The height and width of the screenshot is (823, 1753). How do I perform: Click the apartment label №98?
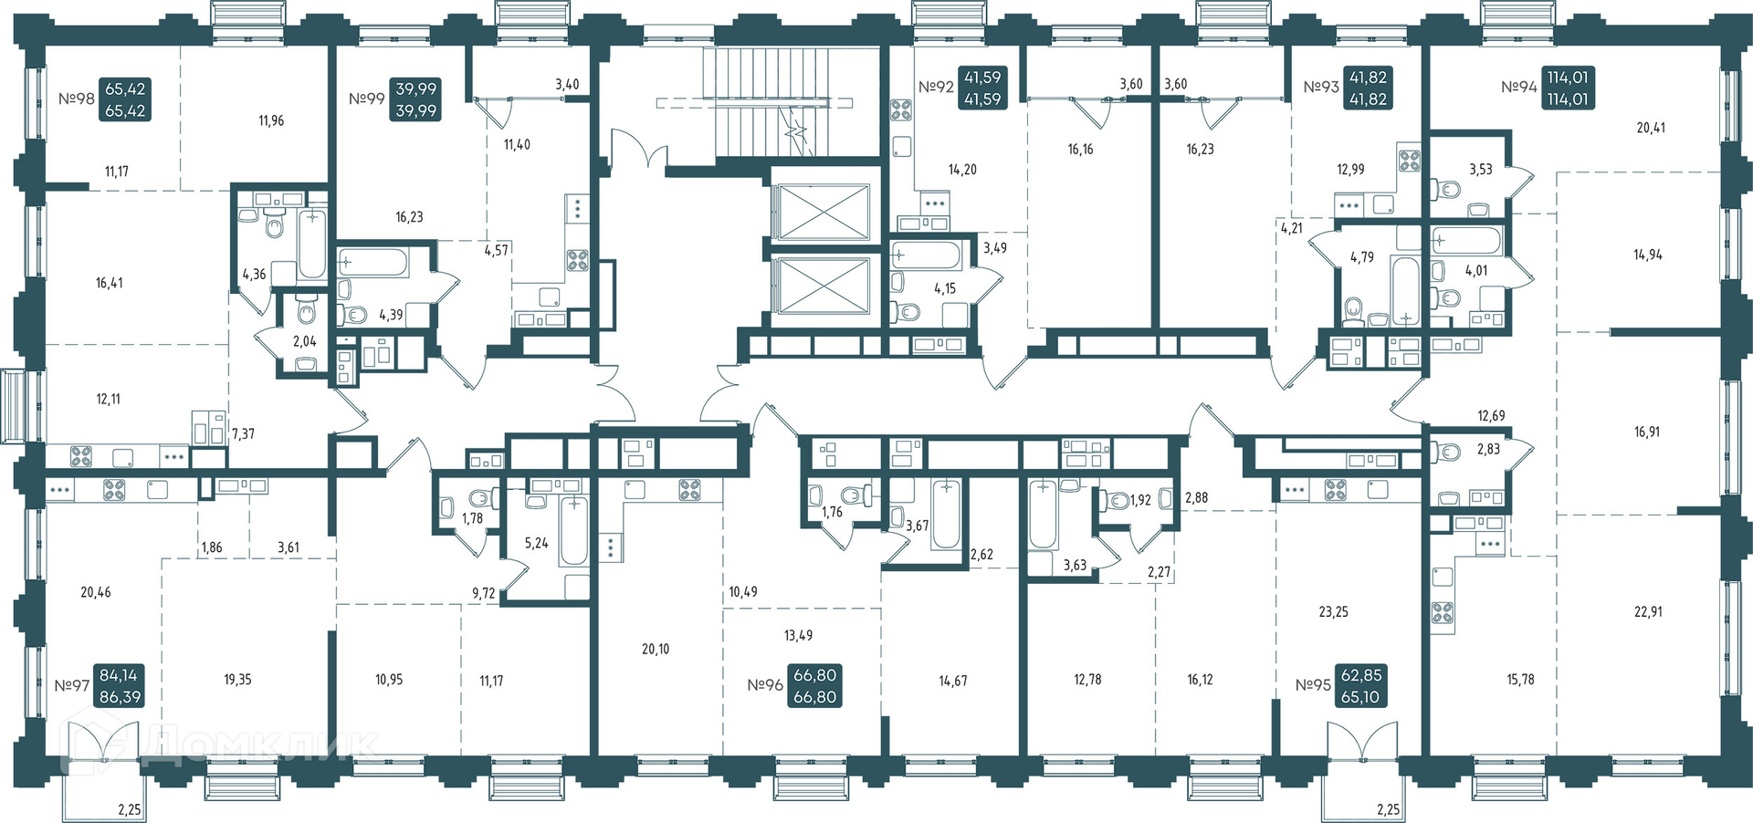(x=77, y=99)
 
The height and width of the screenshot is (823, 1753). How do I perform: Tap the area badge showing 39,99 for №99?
(x=415, y=99)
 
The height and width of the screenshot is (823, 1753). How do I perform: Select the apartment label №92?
(x=936, y=88)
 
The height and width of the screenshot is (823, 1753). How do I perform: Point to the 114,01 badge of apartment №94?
(x=1567, y=89)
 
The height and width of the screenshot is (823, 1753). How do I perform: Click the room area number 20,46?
(x=96, y=592)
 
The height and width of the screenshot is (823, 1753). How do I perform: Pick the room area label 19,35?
(x=237, y=680)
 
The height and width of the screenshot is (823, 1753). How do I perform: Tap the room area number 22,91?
(x=1648, y=612)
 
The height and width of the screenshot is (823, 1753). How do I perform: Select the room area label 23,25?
(x=1333, y=612)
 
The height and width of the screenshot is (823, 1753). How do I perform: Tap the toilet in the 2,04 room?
(x=307, y=312)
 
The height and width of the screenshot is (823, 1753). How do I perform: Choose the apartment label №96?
(x=765, y=685)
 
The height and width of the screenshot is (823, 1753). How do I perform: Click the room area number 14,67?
(x=953, y=681)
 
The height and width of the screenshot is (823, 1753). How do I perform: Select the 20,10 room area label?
(x=656, y=650)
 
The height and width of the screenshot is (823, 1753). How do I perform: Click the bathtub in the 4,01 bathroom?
(x=1466, y=242)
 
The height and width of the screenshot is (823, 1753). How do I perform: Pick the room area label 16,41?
(x=110, y=283)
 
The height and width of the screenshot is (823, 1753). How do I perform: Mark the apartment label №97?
(x=71, y=685)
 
